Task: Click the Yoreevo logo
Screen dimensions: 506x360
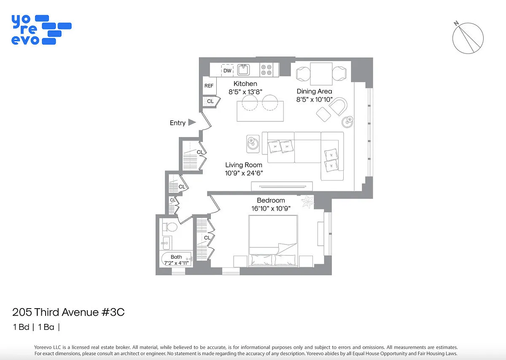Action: point(41,30)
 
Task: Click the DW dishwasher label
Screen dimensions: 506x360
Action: point(227,71)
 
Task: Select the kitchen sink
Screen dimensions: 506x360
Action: point(244,70)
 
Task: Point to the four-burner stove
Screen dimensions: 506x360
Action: point(266,70)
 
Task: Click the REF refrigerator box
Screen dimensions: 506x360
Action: point(210,86)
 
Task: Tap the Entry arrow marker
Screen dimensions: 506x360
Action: point(192,122)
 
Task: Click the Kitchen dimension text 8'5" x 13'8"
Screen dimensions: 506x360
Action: point(245,92)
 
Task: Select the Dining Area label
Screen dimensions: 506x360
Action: point(314,91)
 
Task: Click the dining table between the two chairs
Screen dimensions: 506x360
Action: point(321,74)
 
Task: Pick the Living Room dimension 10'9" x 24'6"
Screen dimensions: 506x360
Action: point(244,173)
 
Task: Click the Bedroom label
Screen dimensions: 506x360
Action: point(271,200)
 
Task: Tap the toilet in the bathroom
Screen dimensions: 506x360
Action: point(170,227)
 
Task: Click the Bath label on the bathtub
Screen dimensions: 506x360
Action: point(176,257)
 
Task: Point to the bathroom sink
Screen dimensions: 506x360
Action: point(166,243)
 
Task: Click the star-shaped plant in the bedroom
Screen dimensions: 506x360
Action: point(307,201)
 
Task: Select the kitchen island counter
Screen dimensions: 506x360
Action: point(260,111)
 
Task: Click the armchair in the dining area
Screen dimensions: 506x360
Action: point(338,106)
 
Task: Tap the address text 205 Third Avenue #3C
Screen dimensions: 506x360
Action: point(68,312)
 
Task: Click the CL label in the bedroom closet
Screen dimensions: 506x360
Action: point(207,238)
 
